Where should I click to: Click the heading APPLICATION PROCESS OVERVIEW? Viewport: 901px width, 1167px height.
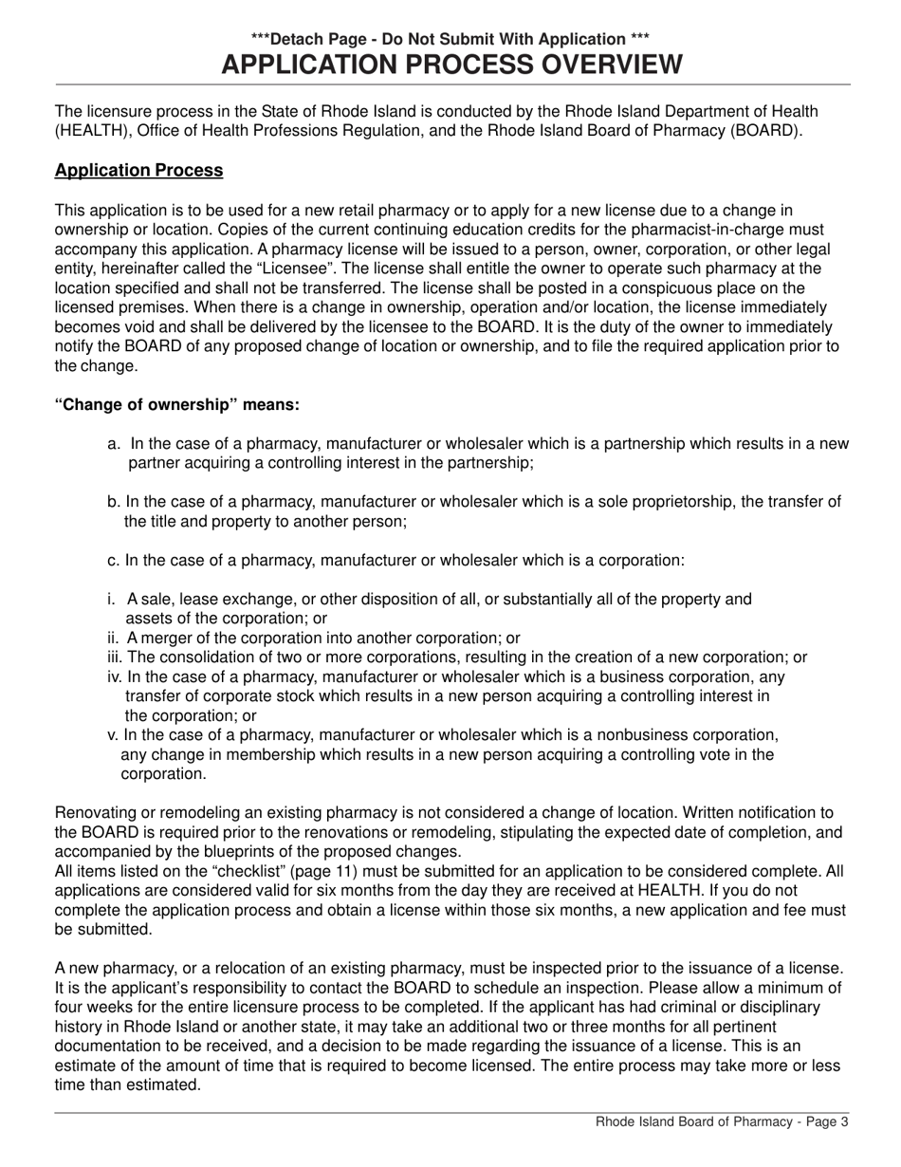coord(450,65)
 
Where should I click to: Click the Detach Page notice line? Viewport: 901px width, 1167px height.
coord(450,39)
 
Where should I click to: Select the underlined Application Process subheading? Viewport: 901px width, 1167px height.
coord(138,171)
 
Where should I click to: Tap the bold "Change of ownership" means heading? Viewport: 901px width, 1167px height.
coord(177,405)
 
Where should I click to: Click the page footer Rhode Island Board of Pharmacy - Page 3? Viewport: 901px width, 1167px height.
coord(722,1121)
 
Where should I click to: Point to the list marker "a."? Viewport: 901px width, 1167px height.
coord(114,444)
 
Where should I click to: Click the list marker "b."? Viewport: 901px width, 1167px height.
coord(114,502)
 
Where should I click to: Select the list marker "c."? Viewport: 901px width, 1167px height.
coord(114,560)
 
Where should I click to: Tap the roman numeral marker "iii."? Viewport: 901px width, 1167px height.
coord(115,658)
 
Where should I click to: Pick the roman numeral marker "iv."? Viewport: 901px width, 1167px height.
coord(115,677)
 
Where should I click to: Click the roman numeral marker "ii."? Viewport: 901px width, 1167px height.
coord(113,639)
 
